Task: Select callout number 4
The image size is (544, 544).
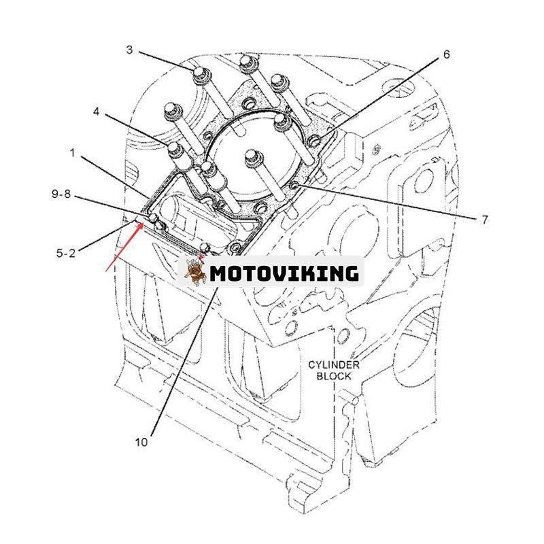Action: [x=97, y=110]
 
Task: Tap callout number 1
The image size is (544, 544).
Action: [x=73, y=155]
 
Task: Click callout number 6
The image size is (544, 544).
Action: [x=446, y=54]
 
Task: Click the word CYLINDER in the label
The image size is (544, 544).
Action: [x=333, y=365]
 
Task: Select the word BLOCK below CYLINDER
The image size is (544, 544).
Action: [x=333, y=375]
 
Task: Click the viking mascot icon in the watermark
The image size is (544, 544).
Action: [x=197, y=273]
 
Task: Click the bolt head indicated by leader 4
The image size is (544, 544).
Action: [x=174, y=148]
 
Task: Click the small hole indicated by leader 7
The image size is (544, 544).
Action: [x=294, y=186]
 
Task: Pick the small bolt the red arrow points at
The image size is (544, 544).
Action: [x=154, y=218]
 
